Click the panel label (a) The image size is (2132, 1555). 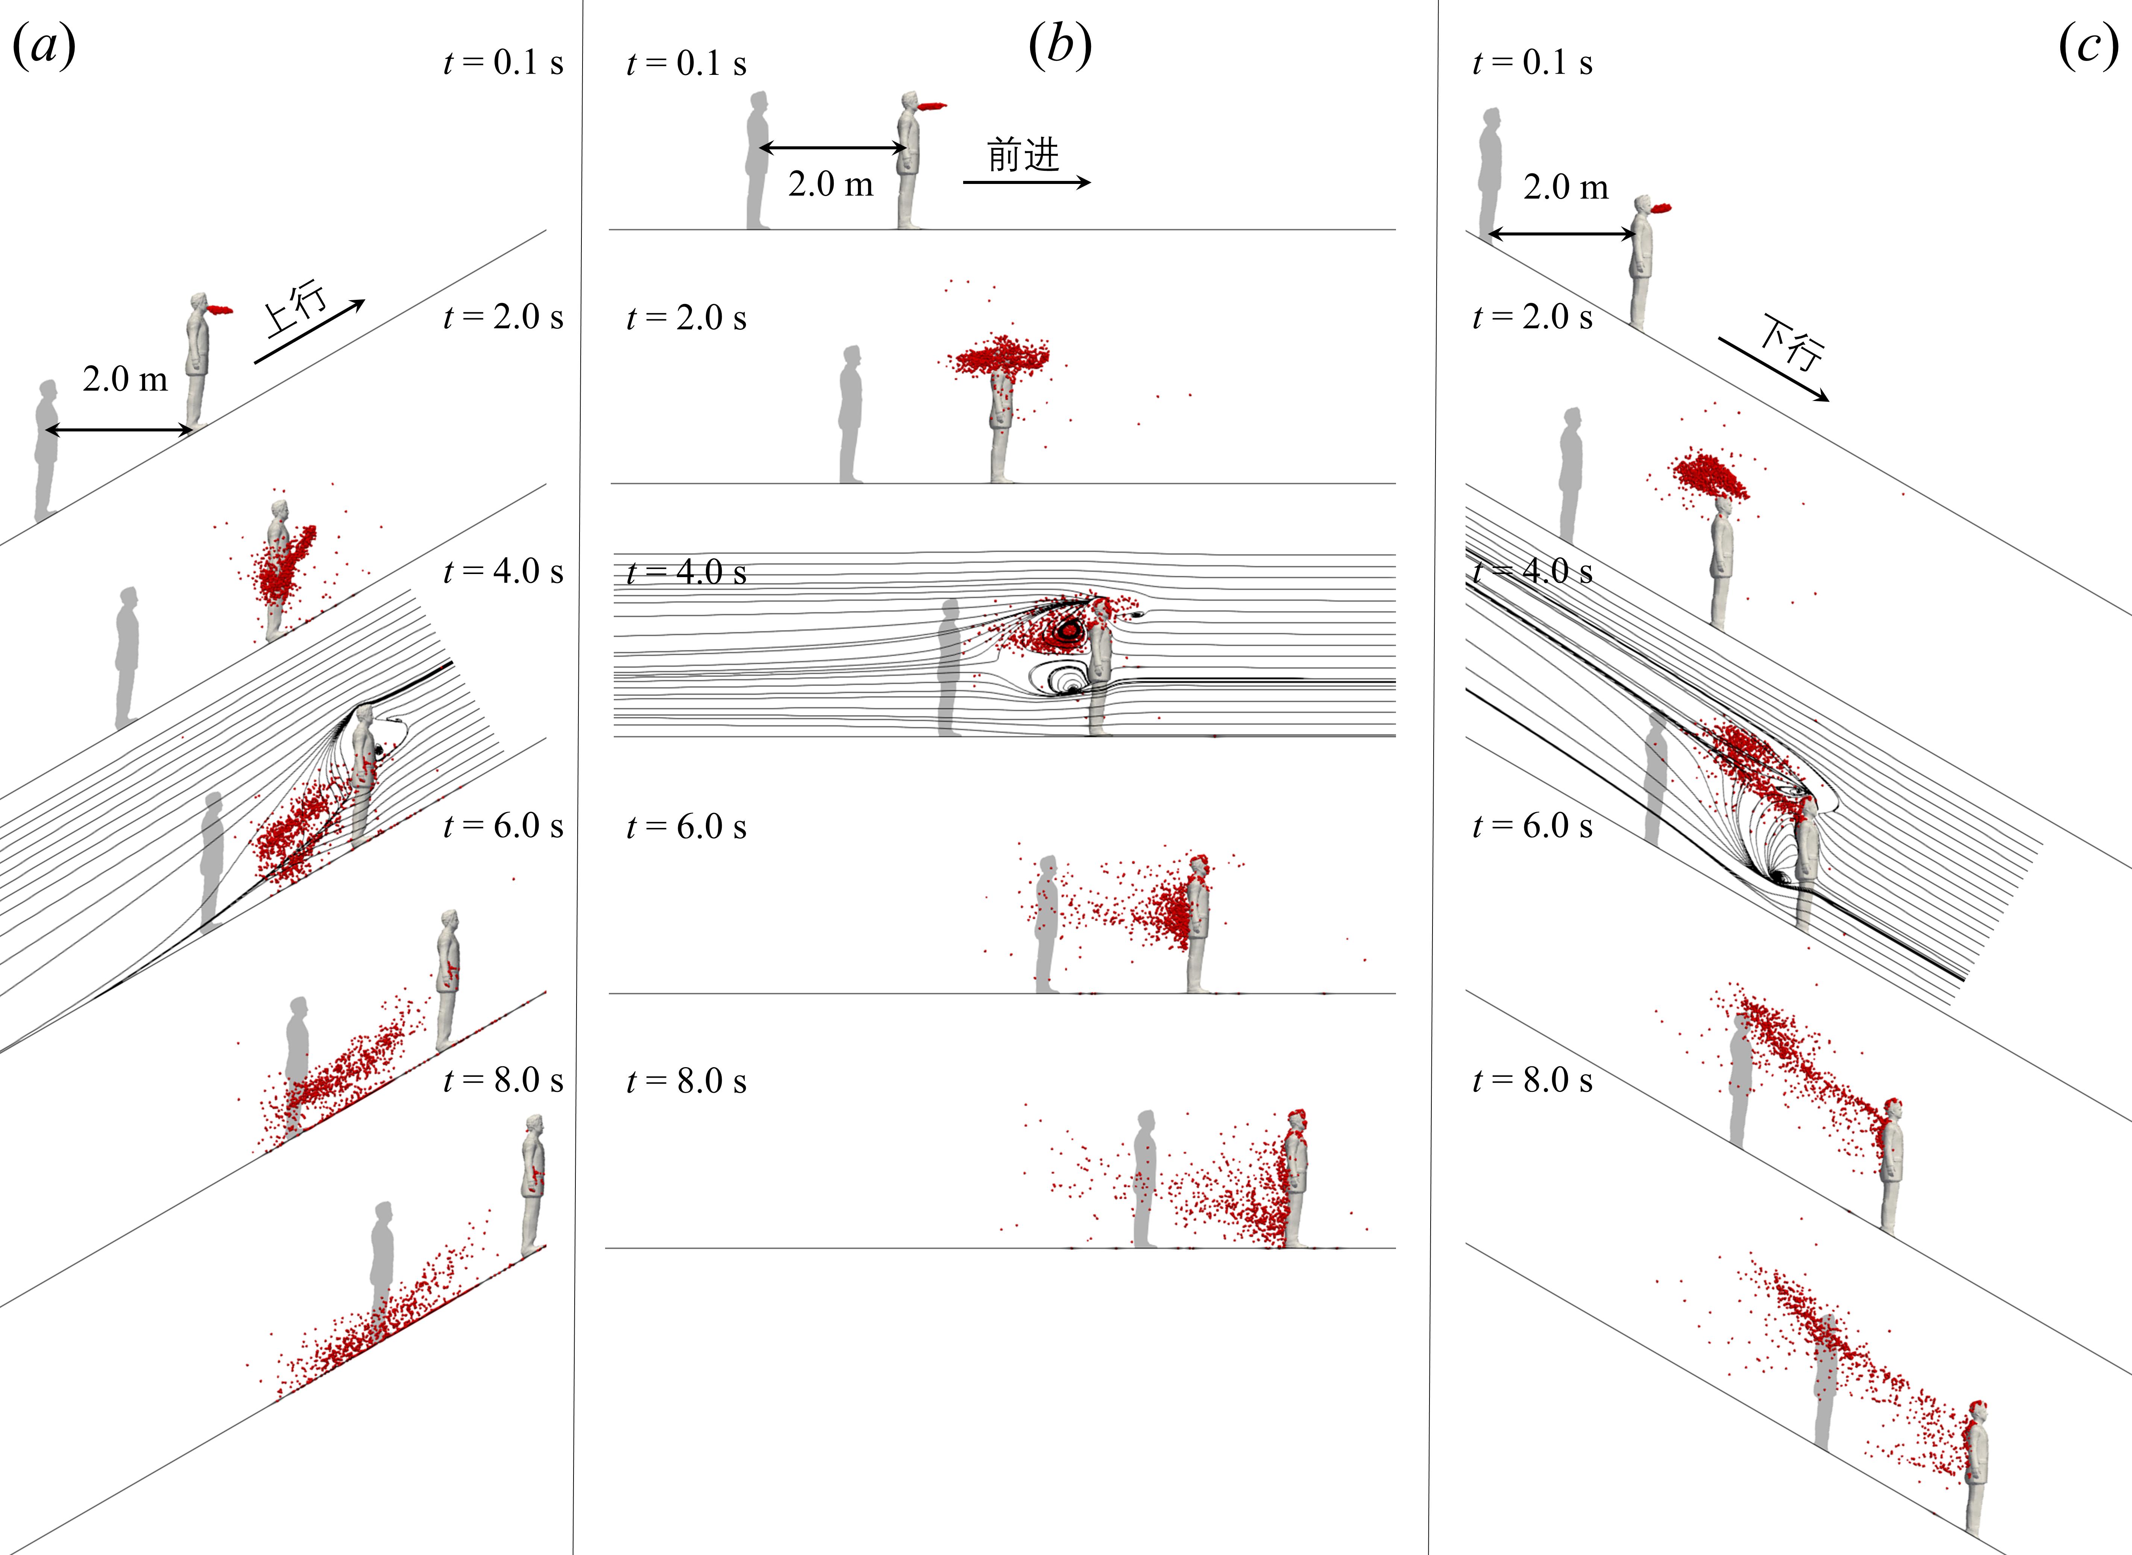[43, 45]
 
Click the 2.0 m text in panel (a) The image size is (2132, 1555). [125, 379]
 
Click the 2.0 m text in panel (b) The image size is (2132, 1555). [831, 184]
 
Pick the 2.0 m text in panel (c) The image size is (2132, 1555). [1566, 187]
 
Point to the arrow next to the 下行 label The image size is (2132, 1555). [1774, 369]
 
